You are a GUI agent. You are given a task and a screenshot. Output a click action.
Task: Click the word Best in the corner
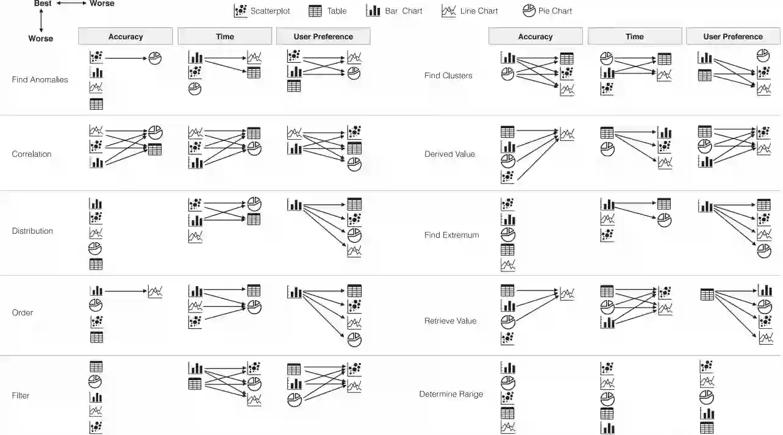(43, 4)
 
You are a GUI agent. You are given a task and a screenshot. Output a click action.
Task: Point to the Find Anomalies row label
(40, 80)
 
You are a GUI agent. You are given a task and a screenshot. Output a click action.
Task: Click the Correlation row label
(32, 154)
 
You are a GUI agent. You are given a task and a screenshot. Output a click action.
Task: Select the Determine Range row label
(451, 394)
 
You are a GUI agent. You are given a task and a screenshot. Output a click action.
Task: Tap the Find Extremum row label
(451, 235)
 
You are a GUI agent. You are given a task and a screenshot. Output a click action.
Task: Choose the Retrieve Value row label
(450, 321)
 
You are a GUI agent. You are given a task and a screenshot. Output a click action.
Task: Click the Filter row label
(21, 395)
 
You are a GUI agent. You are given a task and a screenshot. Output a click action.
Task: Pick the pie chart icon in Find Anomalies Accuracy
(156, 59)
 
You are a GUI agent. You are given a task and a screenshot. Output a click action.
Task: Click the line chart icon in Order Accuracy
(156, 292)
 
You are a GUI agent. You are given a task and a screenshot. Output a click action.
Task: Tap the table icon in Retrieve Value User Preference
(707, 295)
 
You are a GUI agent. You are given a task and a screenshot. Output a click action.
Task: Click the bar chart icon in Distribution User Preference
(295, 205)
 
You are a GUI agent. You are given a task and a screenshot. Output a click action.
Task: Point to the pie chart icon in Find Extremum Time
(664, 220)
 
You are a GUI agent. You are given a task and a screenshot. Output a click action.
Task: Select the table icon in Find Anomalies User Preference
(293, 86)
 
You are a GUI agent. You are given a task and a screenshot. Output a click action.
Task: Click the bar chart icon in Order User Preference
(295, 292)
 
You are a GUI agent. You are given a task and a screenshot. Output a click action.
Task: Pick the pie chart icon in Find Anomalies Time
(195, 88)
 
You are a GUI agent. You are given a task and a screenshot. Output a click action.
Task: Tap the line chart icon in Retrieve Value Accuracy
(567, 294)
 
